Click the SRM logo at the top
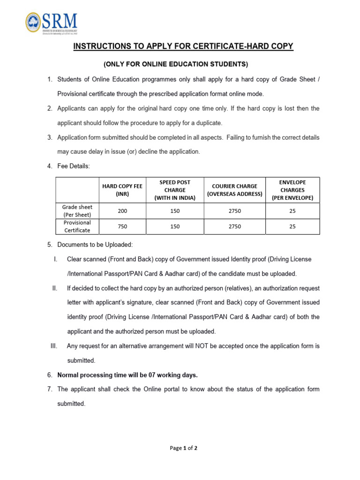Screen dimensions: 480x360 click(52, 22)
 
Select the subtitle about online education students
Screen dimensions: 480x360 click(176, 64)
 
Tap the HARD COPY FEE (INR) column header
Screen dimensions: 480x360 click(122, 190)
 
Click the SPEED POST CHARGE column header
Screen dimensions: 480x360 click(175, 190)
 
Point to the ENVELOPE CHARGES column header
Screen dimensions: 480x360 click(292, 190)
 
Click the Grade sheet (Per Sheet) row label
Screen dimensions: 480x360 click(77, 211)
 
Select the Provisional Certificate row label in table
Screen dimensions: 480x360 click(77, 226)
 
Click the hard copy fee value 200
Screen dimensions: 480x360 click(122, 211)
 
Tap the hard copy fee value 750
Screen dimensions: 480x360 click(122, 226)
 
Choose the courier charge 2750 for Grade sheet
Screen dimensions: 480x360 click(234, 211)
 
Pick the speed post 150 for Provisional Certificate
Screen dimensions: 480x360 click(175, 226)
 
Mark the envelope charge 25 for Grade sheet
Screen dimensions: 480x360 click(292, 211)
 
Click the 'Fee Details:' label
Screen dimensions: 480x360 click(73, 166)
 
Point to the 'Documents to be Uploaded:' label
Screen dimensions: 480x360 click(95, 245)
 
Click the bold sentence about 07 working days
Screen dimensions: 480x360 click(127, 375)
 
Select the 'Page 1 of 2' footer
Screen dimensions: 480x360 click(183, 448)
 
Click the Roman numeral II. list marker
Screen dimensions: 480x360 click(54, 288)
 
